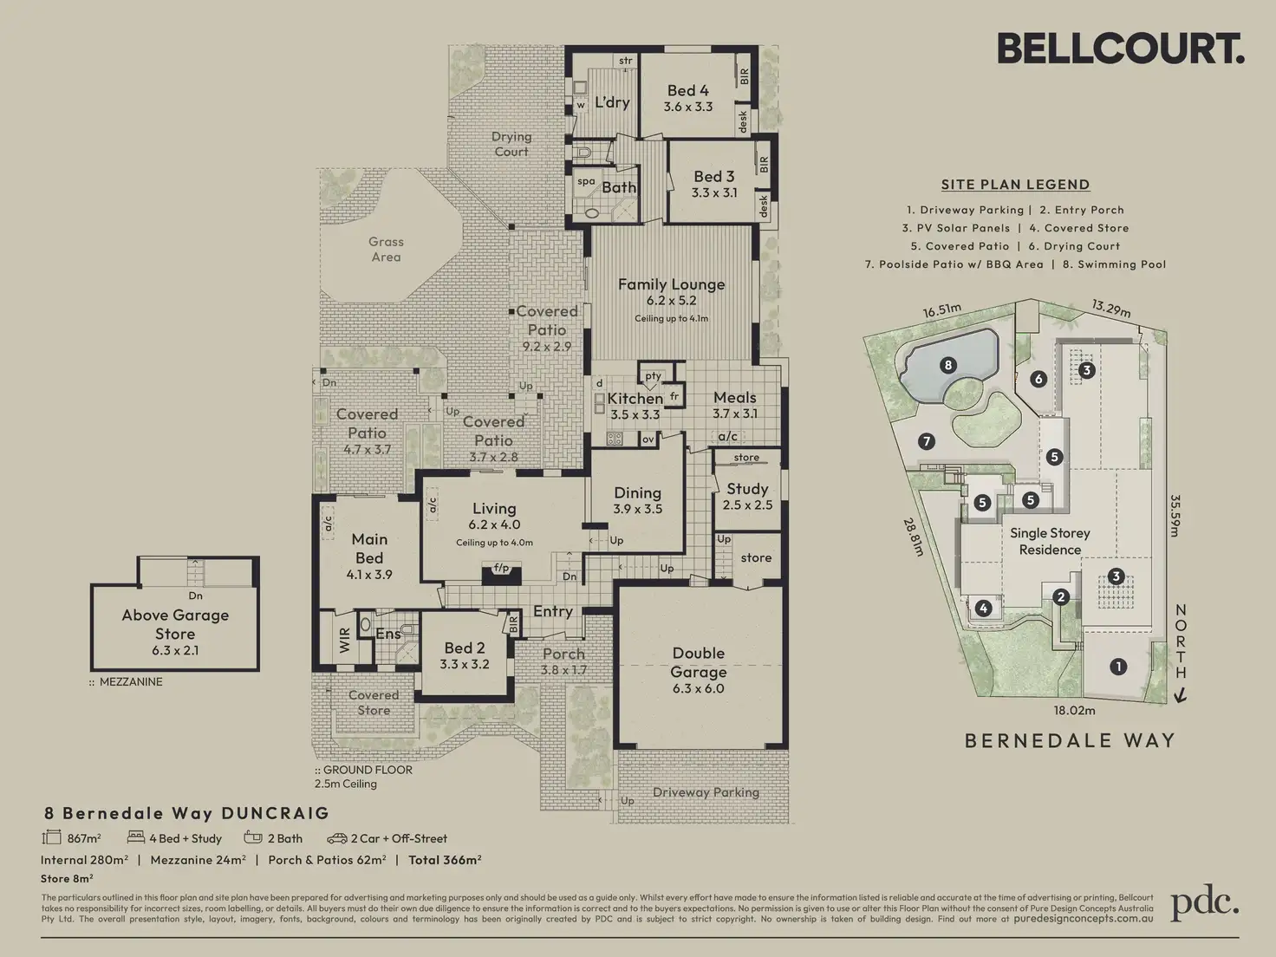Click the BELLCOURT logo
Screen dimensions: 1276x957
pyautogui.click(x=1121, y=49)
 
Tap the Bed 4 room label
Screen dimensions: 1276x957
pyautogui.click(x=687, y=91)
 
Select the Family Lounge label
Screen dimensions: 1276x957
pyautogui.click(x=672, y=284)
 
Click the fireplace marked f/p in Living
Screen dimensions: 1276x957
pyautogui.click(x=501, y=573)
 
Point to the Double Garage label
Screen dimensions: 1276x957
pyautogui.click(x=698, y=662)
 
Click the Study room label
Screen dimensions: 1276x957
pyautogui.click(x=747, y=489)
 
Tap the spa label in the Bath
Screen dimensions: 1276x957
pyautogui.click(x=586, y=181)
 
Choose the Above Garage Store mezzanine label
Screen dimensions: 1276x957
pyautogui.click(x=175, y=624)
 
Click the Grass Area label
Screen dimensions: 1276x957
pyautogui.click(x=386, y=250)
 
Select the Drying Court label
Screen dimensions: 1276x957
pyautogui.click(x=511, y=144)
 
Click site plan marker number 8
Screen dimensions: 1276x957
pyautogui.click(x=948, y=365)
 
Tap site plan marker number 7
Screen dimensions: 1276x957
pyautogui.click(x=927, y=441)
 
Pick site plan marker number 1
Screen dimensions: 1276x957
pyautogui.click(x=1118, y=667)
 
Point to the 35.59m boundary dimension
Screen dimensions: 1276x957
pyautogui.click(x=1175, y=516)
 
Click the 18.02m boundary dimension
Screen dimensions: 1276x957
pyautogui.click(x=1074, y=710)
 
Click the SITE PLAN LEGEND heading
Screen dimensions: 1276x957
pyautogui.click(x=1016, y=185)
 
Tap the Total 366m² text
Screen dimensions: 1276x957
pyautogui.click(x=445, y=860)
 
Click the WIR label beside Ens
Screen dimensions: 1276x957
pyautogui.click(x=344, y=641)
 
